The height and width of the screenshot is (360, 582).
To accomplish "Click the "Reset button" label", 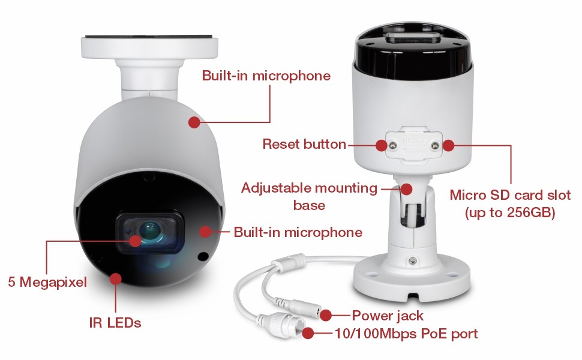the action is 304,144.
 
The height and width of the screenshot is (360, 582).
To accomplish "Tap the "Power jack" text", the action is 388,316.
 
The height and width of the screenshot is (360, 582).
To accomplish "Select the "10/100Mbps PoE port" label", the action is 406,334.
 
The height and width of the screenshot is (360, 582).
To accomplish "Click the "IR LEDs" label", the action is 115,323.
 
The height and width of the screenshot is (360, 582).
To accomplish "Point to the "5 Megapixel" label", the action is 47,282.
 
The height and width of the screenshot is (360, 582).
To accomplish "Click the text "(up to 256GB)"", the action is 510,212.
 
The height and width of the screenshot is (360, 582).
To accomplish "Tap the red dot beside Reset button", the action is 381,145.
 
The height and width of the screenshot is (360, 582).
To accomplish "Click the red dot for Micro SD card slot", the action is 448,145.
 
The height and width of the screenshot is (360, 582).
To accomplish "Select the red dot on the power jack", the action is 326,316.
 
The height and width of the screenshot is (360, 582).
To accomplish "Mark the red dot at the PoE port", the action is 308,333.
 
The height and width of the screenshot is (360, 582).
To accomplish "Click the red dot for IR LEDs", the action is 116,279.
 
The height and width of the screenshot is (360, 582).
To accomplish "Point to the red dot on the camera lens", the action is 135,241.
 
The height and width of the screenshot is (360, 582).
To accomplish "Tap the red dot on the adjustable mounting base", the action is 407,189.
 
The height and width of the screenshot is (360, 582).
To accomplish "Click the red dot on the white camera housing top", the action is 194,122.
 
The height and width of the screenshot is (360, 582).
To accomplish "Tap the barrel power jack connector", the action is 301,307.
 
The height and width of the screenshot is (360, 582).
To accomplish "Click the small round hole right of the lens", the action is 203,256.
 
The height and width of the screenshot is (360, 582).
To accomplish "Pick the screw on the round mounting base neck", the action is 412,261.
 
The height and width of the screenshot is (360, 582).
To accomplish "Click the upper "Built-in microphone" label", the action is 266,76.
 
